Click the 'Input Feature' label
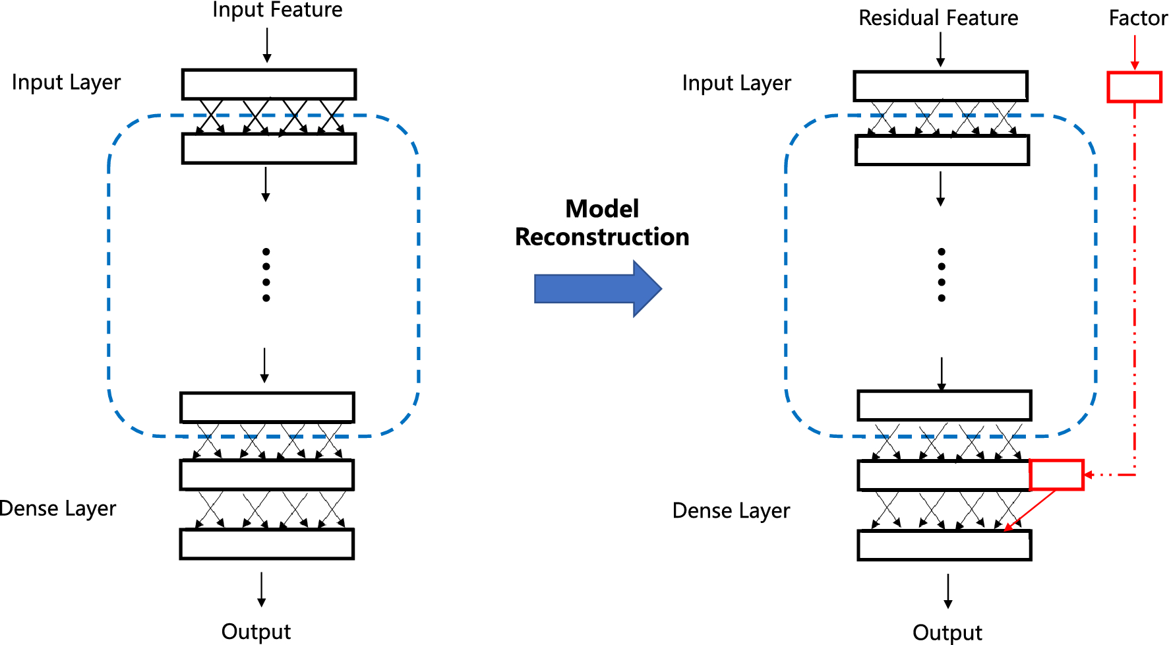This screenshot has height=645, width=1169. tap(277, 10)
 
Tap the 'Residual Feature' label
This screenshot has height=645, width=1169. tap(938, 18)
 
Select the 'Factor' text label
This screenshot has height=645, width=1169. tap(1138, 18)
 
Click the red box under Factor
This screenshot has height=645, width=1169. tap(1134, 87)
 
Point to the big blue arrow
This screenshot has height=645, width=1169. tap(597, 288)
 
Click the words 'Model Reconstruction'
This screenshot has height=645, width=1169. tap(602, 223)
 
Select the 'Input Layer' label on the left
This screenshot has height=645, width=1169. tap(66, 82)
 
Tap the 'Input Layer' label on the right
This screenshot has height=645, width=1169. tap(736, 83)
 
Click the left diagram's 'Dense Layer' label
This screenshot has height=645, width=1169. tap(58, 508)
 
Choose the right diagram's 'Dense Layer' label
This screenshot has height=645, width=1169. tap(731, 510)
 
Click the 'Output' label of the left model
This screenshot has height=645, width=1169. tap(256, 631)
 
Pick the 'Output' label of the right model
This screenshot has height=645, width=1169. tap(947, 632)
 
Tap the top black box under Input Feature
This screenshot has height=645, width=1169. tap(269, 84)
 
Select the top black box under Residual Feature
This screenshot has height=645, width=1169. tap(941, 86)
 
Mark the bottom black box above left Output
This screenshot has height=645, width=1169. tap(267, 544)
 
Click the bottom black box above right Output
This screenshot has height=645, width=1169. tap(944, 545)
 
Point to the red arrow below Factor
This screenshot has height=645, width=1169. tap(1135, 52)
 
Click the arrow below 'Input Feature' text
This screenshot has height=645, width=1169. tap(267, 46)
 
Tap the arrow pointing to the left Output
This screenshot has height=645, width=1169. tap(262, 590)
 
